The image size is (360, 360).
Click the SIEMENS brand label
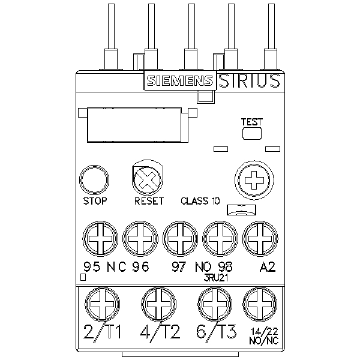click(178, 82)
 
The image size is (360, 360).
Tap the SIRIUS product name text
click(248, 81)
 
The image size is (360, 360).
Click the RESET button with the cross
click(146, 179)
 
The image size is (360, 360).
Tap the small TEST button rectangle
click(252, 133)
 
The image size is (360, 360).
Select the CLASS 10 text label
click(200, 201)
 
